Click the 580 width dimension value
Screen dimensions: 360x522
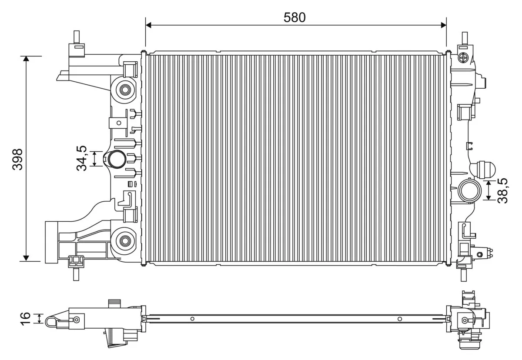(294, 17)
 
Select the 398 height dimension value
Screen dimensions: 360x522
(18, 159)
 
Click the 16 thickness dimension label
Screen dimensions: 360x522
(26, 317)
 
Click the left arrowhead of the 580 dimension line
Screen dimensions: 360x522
(148, 25)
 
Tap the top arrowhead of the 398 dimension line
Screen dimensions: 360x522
(27, 60)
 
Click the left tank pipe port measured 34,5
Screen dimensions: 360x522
(116, 159)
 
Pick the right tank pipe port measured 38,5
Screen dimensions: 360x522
(469, 190)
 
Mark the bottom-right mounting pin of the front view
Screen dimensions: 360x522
(465, 273)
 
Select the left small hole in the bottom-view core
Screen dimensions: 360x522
(192, 319)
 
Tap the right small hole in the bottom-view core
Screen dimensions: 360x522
(399, 319)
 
